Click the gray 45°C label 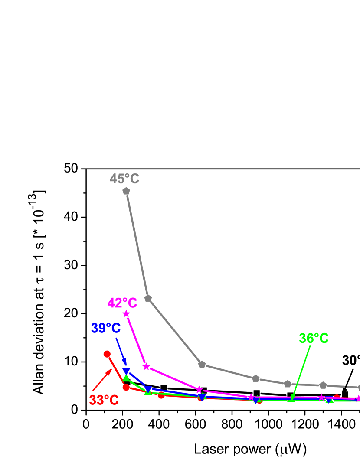(124, 179)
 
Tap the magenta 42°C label (122, 303)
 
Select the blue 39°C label (106, 328)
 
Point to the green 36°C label (314, 338)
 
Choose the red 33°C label (104, 400)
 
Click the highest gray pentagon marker (126, 191)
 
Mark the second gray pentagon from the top (148, 298)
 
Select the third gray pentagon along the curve (202, 364)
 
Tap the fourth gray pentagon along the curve (255, 378)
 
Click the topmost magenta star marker (126, 313)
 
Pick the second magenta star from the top (146, 367)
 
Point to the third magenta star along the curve (199, 390)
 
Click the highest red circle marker (107, 354)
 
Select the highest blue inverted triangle (126, 371)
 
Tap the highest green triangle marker (126, 378)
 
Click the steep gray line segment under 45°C (137, 244)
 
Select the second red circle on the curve (126, 387)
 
